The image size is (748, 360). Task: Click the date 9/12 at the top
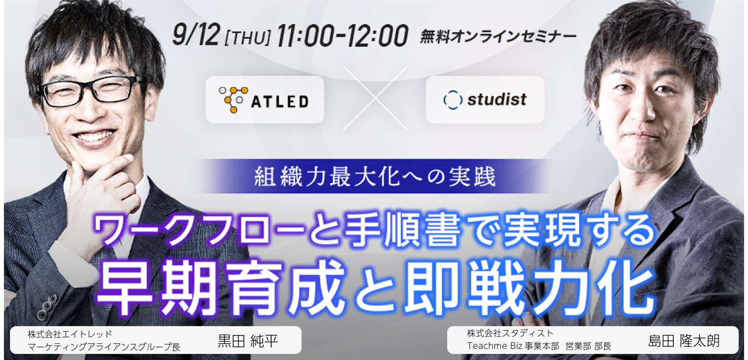click(x=196, y=35)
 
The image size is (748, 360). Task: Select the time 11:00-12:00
click(x=342, y=35)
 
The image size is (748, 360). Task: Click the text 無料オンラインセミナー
click(x=498, y=37)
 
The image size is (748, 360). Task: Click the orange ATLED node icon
click(x=233, y=100)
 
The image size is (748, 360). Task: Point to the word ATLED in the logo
click(x=279, y=102)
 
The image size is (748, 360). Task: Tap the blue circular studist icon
click(x=453, y=100)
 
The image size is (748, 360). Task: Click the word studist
click(x=497, y=100)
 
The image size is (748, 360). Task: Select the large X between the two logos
click(x=375, y=98)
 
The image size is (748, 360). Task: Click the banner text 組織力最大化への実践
click(x=375, y=177)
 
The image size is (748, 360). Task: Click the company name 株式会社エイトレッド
click(x=70, y=333)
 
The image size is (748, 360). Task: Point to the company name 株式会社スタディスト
click(x=510, y=333)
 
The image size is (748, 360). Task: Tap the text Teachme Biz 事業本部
click(x=513, y=346)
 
